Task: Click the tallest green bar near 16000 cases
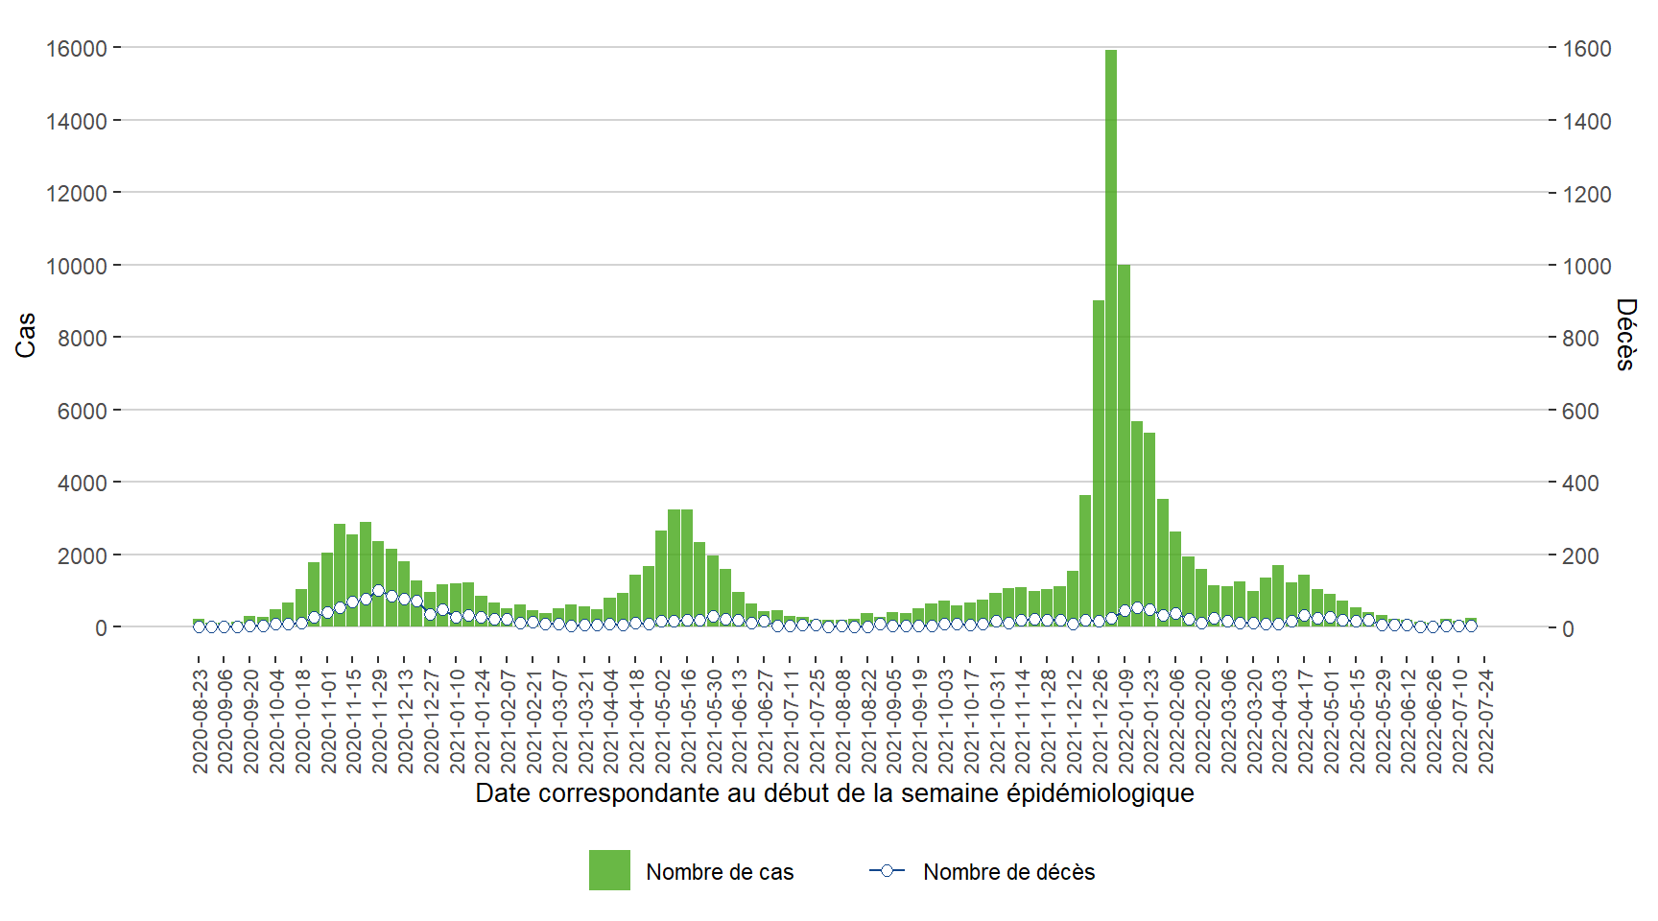coord(1111,336)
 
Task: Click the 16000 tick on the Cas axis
coord(77,48)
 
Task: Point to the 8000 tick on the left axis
coord(83,339)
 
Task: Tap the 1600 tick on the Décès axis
coord(1587,49)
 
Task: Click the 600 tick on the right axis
coord(1581,412)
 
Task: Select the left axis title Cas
coord(26,335)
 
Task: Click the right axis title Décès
coord(1625,334)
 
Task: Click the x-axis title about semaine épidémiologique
coord(834,793)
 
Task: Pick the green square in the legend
coord(609,870)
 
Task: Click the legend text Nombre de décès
coord(1008,872)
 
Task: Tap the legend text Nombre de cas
coord(720,872)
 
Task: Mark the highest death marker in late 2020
coord(378,591)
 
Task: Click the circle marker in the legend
coord(887,871)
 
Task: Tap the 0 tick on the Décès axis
coord(1568,629)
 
